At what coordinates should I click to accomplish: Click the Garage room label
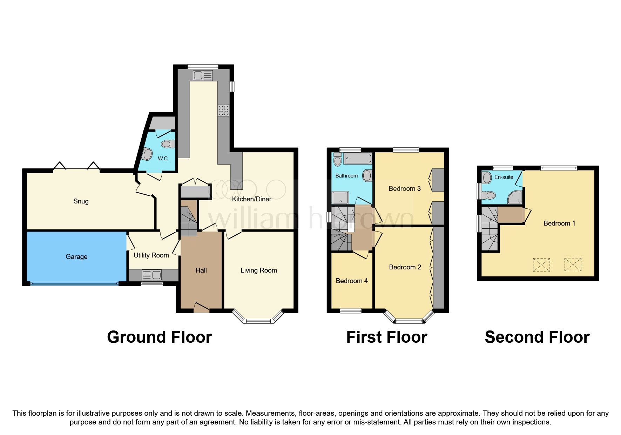pyautogui.click(x=76, y=257)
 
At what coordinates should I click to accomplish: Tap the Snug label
pyautogui.click(x=81, y=201)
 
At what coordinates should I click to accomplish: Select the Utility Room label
pyautogui.click(x=151, y=255)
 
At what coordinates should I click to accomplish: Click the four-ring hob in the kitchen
pyautogui.click(x=223, y=111)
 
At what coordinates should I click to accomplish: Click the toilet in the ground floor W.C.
pyautogui.click(x=169, y=144)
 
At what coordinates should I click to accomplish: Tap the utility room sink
pyautogui.click(x=152, y=275)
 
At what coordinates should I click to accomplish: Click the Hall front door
pyautogui.click(x=201, y=308)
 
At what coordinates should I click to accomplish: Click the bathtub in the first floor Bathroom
pyautogui.click(x=357, y=159)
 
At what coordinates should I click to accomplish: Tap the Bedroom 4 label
pyautogui.click(x=352, y=281)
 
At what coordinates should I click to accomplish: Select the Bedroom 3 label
pyautogui.click(x=405, y=189)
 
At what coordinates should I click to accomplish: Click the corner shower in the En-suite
pyautogui.click(x=515, y=198)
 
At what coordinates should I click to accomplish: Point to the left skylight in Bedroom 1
pyautogui.click(x=541, y=265)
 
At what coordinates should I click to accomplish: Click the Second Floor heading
pyautogui.click(x=537, y=337)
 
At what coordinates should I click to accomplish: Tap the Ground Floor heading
pyautogui.click(x=159, y=337)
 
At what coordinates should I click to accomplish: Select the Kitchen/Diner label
pyautogui.click(x=251, y=199)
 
